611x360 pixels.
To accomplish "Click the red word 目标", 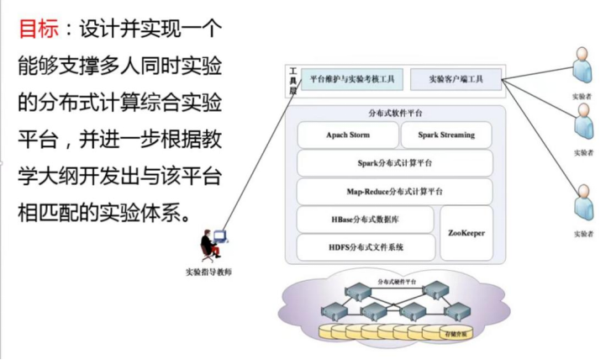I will (x=39, y=30).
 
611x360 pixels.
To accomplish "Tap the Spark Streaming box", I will (x=445, y=135).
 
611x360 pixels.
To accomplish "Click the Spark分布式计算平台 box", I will (x=395, y=162).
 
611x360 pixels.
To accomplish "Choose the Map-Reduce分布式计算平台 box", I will (x=395, y=191).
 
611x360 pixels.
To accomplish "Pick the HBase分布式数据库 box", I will (x=366, y=219).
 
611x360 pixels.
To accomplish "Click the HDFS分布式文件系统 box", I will (x=366, y=247).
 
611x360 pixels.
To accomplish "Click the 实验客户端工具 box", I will (x=456, y=80).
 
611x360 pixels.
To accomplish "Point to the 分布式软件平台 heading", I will (x=395, y=113).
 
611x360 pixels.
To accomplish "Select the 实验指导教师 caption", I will (x=208, y=272).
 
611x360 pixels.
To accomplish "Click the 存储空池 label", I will (x=455, y=334).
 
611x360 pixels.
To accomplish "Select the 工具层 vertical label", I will (x=292, y=81).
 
